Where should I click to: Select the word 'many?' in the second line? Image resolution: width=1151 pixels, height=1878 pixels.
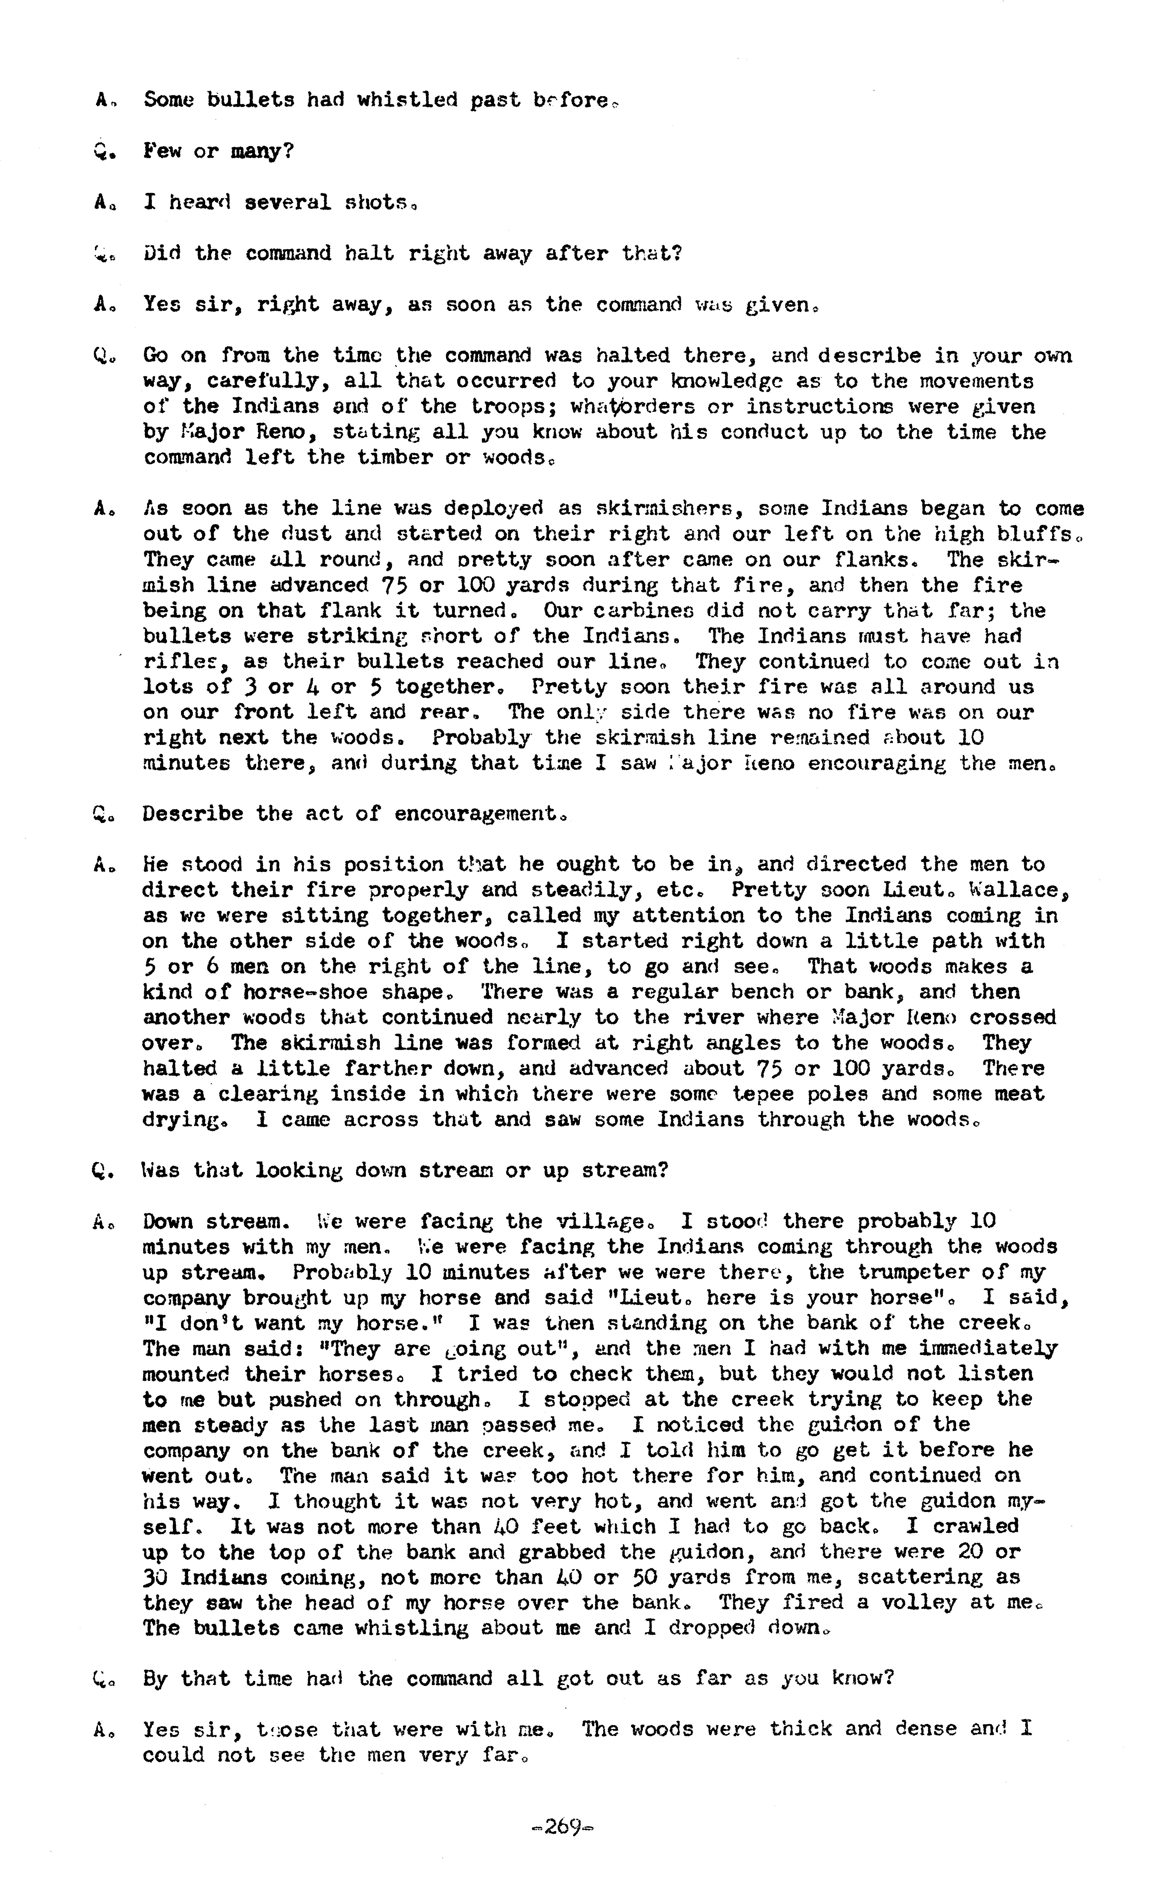[x=262, y=151]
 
